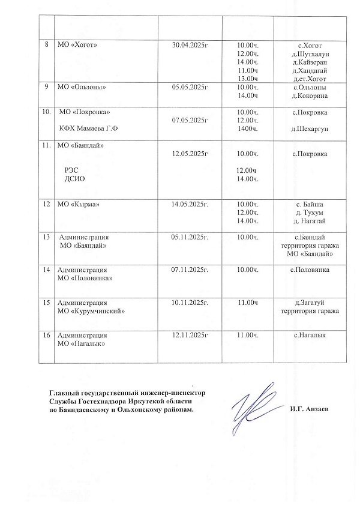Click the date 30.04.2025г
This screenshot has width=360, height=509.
pos(190,45)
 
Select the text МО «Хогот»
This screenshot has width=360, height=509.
pos(77,45)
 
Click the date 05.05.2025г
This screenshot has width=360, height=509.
pos(190,87)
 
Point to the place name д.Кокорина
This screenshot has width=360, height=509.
pos(310,95)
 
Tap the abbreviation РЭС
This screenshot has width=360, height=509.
pos(71,170)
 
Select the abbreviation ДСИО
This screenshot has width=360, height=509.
pos(74,179)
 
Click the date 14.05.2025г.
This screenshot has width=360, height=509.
pos(190,204)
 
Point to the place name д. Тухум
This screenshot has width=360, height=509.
pos(310,212)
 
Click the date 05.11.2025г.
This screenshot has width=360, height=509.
pos(190,238)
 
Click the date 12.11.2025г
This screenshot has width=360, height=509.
pos(190,334)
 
